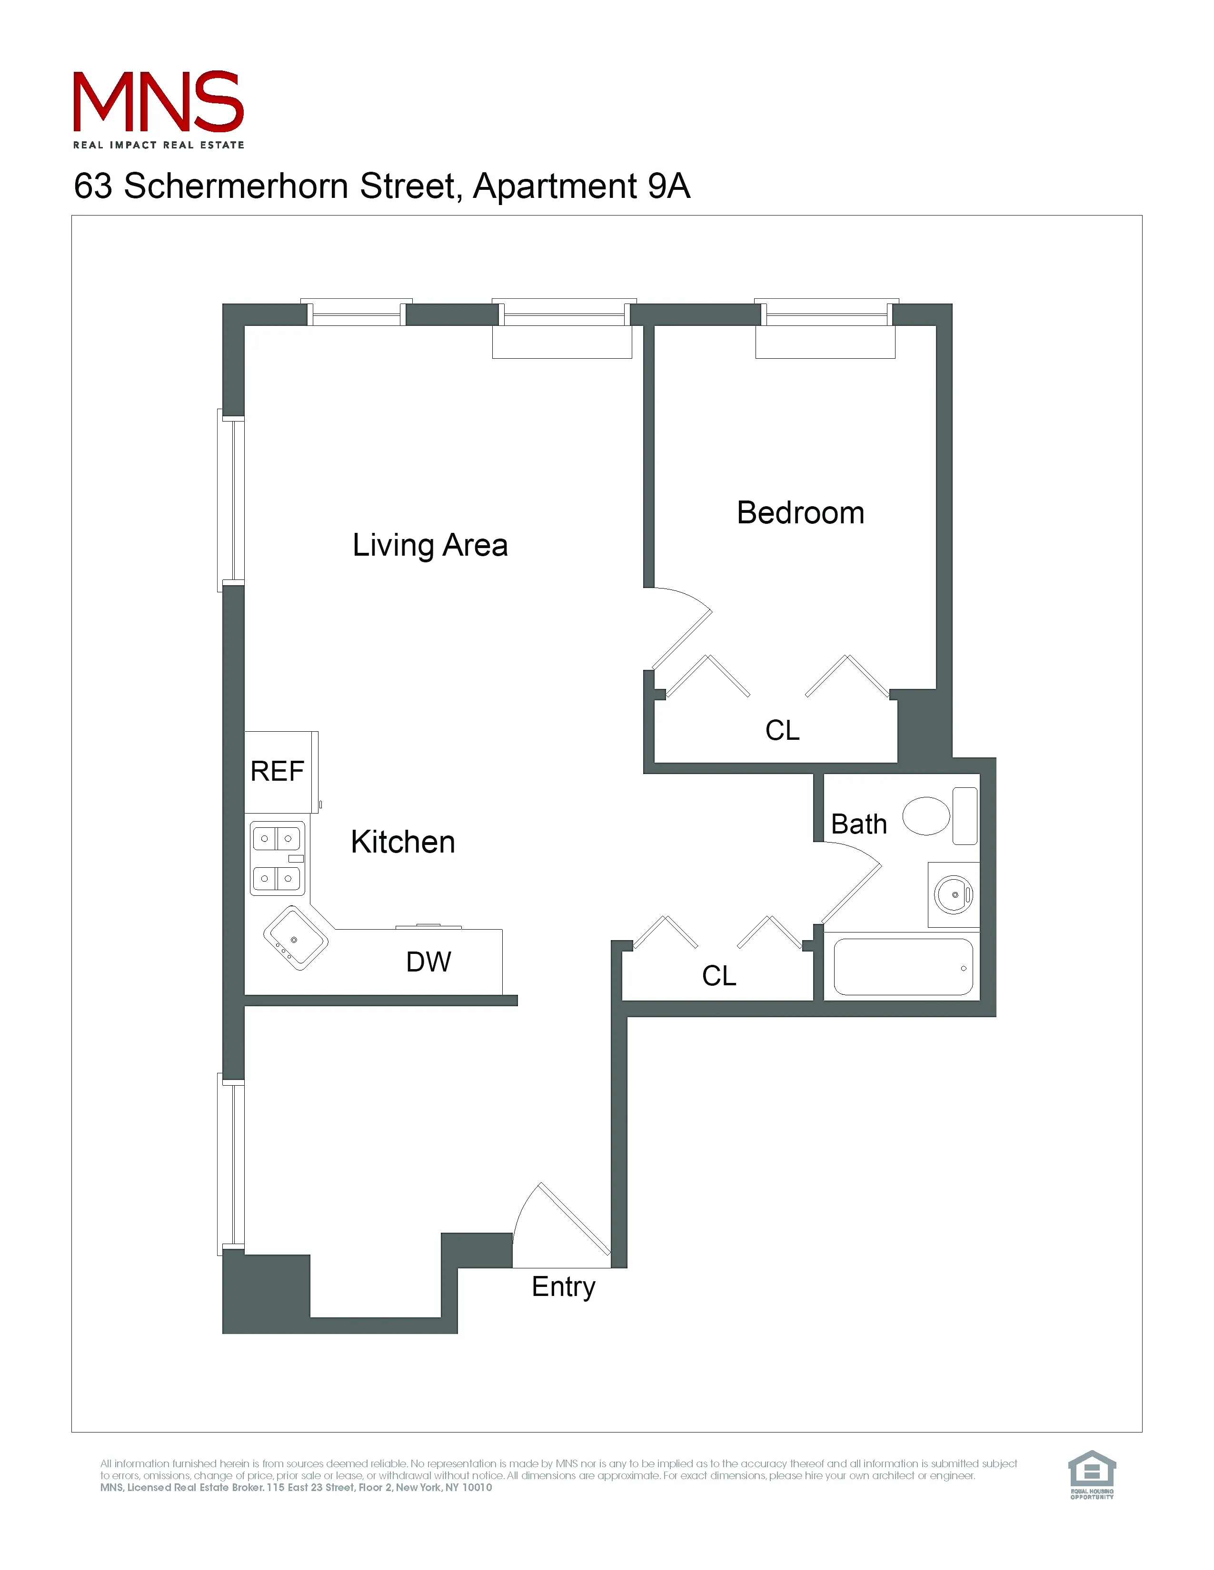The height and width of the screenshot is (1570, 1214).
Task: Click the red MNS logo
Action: [158, 102]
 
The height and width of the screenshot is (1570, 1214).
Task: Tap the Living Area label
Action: [430, 545]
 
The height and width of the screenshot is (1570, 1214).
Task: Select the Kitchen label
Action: [403, 842]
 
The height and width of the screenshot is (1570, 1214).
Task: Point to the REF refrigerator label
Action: [277, 771]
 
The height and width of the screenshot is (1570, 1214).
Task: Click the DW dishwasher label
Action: [428, 962]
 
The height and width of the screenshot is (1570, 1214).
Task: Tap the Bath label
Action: [859, 824]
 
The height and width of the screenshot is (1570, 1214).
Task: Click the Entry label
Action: [563, 1287]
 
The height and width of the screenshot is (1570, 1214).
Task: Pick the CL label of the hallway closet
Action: [718, 975]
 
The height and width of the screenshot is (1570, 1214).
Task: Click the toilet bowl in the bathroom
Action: [926, 816]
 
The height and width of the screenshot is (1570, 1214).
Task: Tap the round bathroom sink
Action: [954, 895]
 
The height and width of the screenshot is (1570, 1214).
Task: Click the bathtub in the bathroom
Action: [903, 967]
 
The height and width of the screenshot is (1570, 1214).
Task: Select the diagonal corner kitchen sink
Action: [296, 938]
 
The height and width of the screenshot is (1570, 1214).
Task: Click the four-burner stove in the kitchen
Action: [277, 858]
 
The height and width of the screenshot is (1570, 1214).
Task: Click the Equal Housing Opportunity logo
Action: [1091, 1474]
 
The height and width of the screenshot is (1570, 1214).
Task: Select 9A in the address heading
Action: [668, 186]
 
